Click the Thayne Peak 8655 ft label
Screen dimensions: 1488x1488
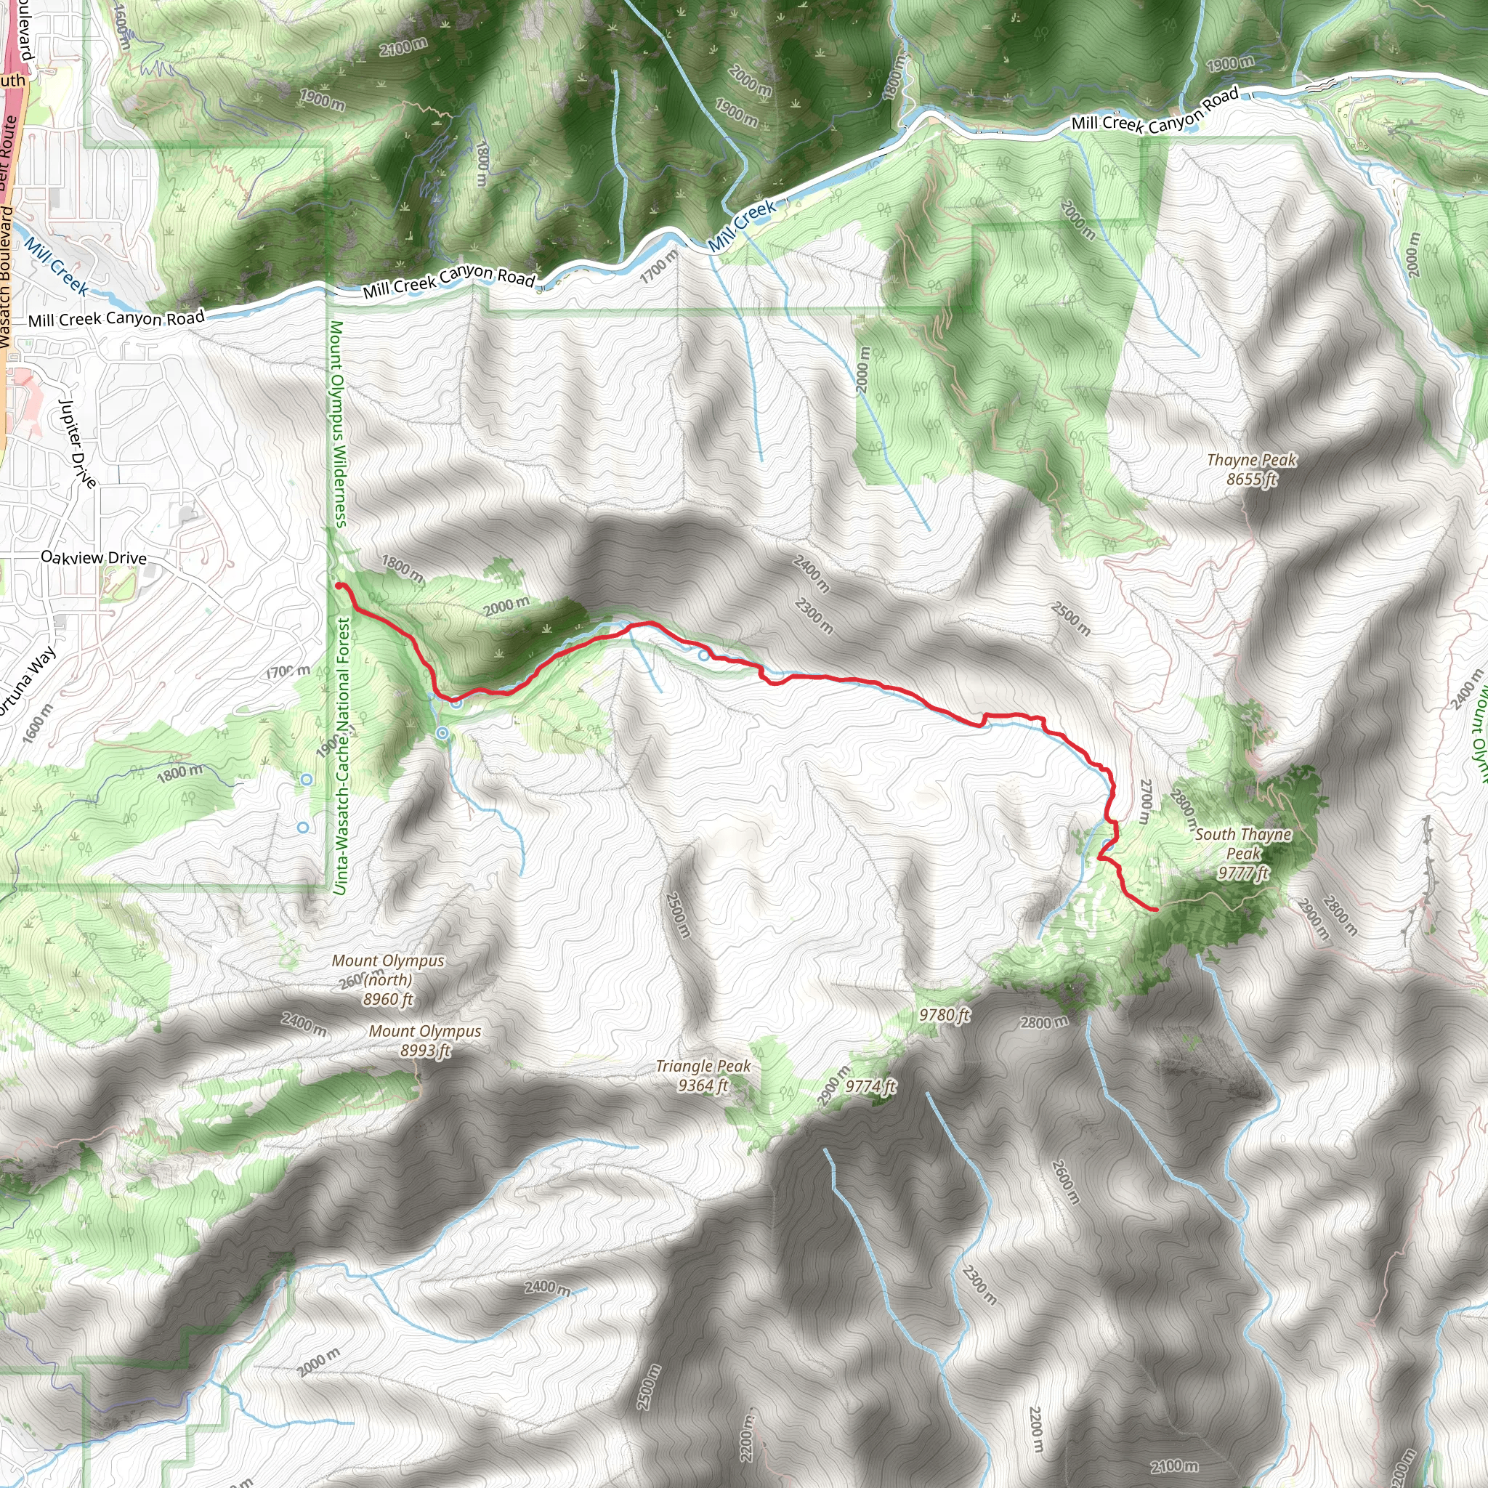1252,469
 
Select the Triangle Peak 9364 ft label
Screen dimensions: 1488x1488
703,1075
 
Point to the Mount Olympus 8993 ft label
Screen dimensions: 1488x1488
424,1040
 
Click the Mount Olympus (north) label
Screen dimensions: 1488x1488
388,979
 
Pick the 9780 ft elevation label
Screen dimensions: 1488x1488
945,1015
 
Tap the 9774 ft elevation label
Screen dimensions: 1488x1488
870,1086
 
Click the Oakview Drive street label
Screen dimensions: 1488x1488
93,557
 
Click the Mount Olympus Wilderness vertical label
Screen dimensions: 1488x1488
338,424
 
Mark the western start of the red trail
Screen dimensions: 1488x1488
339,586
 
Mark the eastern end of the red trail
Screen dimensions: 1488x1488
1155,910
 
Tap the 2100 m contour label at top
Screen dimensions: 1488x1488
403,47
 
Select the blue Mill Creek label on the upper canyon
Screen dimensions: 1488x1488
742,226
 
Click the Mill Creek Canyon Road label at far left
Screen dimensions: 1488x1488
116,318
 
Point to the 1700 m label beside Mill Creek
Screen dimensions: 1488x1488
659,267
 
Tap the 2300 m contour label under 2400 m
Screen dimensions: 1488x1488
814,616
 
